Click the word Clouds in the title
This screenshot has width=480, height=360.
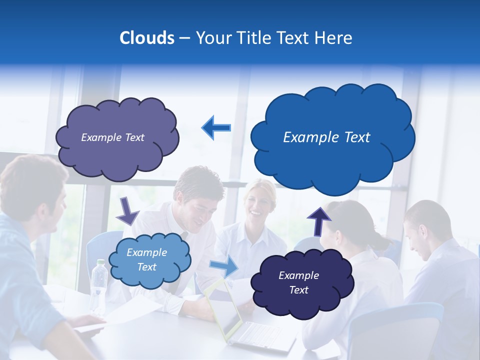click(146, 38)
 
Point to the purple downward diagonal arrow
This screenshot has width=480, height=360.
click(127, 210)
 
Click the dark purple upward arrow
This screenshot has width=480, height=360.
click(318, 220)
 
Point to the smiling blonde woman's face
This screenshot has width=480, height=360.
click(258, 207)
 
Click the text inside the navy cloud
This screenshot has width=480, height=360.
click(298, 282)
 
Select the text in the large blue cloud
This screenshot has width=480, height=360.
click(326, 137)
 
